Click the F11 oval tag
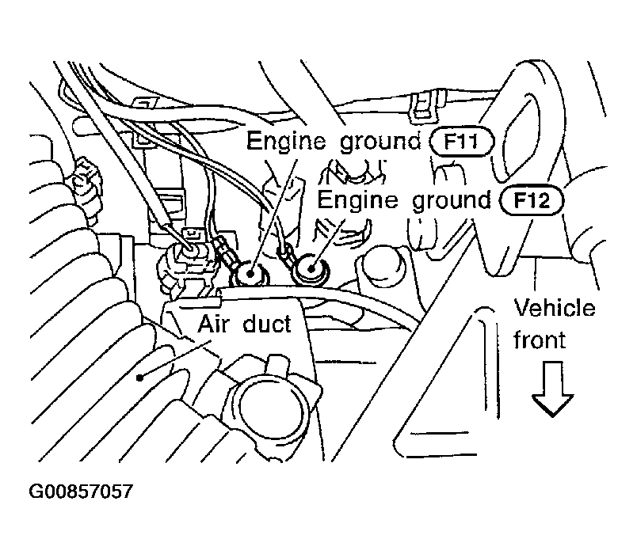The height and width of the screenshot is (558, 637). pos(462,143)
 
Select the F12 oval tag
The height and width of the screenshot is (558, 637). pos(531,199)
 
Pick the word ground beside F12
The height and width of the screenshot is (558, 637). pos(449,201)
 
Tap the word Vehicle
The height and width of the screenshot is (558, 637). pos(555,308)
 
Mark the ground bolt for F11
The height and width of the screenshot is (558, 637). pos(250,275)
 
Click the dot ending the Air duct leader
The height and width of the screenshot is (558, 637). pos(141,377)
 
